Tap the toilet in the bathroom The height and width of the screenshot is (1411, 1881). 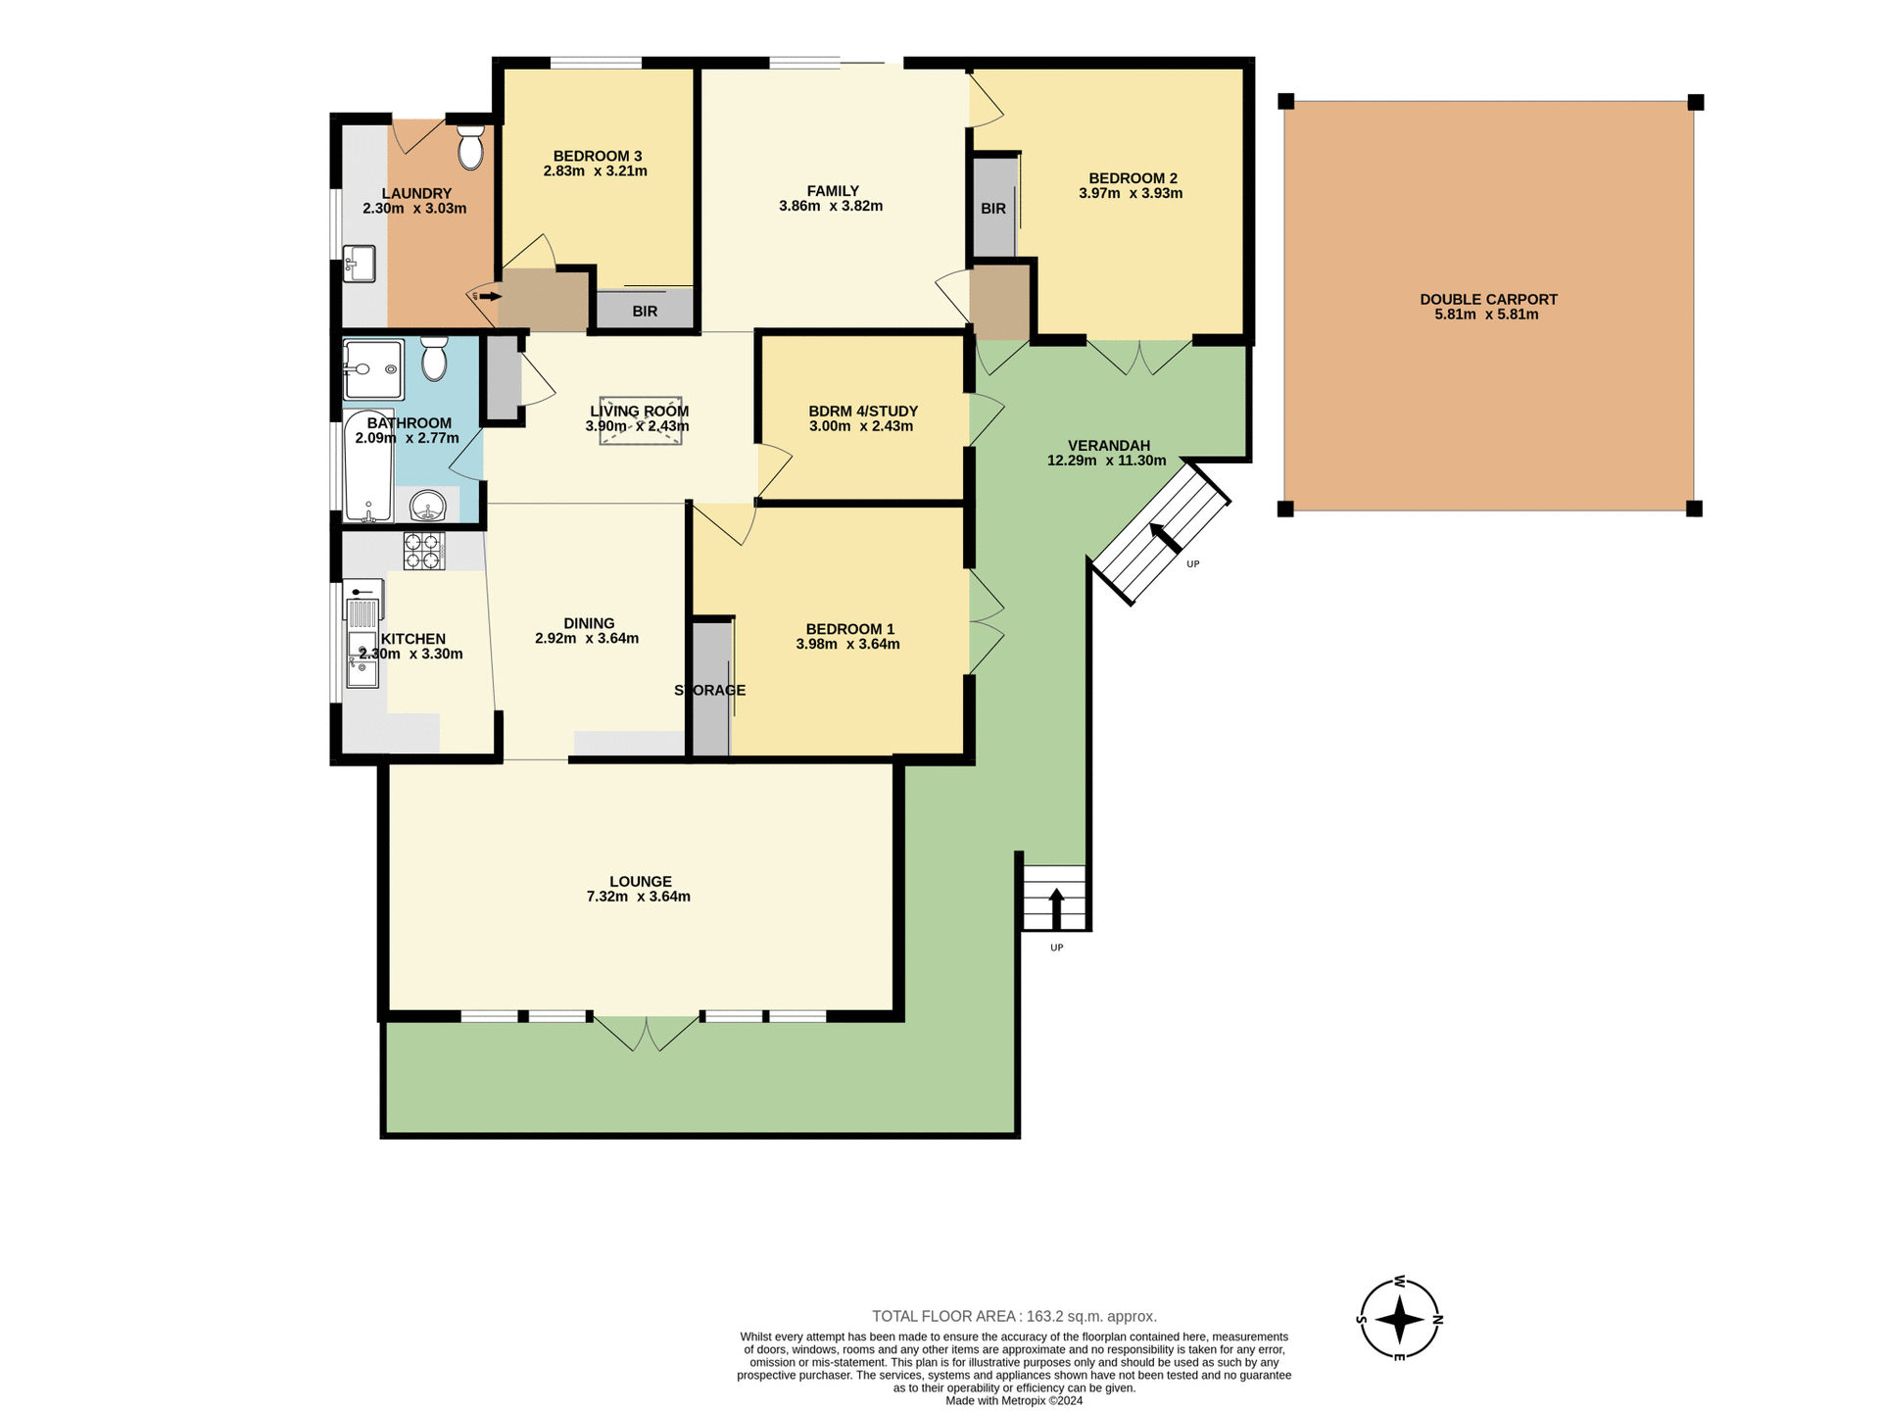click(434, 359)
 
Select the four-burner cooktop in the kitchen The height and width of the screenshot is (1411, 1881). click(423, 551)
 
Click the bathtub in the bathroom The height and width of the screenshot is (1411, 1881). click(368, 466)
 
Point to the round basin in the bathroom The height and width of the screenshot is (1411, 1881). click(428, 507)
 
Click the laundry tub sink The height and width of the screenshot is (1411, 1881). click(360, 263)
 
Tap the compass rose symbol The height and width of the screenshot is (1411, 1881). click(1399, 1319)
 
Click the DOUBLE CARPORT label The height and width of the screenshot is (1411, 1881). click(1488, 300)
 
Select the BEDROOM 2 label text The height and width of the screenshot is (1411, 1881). click(1133, 178)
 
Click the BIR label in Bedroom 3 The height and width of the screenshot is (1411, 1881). click(645, 312)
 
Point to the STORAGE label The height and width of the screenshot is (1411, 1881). click(710, 691)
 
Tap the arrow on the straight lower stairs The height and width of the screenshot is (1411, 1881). click(1056, 907)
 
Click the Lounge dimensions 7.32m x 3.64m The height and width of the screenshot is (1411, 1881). click(639, 897)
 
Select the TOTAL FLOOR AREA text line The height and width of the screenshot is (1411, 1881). click(1014, 1316)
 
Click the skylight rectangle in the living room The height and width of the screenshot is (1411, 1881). click(641, 421)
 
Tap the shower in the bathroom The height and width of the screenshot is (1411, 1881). click(373, 369)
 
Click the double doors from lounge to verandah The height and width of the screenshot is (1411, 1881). click(647, 1033)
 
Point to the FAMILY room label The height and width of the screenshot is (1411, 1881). click(833, 191)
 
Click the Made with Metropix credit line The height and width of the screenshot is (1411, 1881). click(1014, 1401)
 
